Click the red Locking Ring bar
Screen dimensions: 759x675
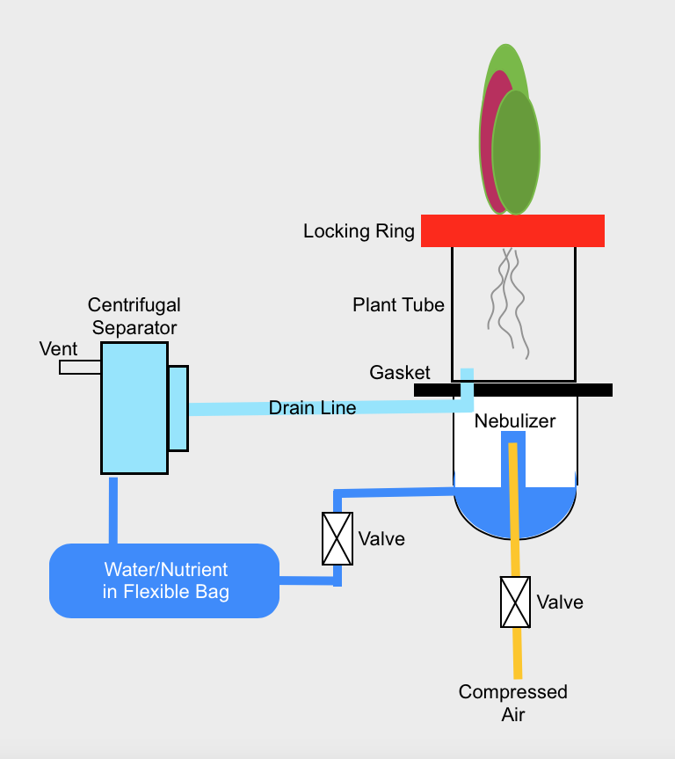click(x=512, y=230)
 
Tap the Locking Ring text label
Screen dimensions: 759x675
click(x=359, y=231)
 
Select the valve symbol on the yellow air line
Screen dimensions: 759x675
click(x=515, y=602)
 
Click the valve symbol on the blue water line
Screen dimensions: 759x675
click(x=337, y=538)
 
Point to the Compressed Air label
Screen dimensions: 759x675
click(x=513, y=703)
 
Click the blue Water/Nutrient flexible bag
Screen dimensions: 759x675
click(x=164, y=580)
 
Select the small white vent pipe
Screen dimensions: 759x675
click(x=80, y=368)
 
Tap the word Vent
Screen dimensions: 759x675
click(x=59, y=349)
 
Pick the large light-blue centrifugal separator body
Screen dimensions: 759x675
click(x=134, y=407)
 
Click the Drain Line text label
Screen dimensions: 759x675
click(x=312, y=408)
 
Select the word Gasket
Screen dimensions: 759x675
click(x=400, y=373)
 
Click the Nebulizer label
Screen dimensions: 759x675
click(x=515, y=421)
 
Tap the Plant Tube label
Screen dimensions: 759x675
click(x=398, y=305)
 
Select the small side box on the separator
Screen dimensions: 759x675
click(x=178, y=408)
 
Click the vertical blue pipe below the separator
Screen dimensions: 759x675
click(x=112, y=510)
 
